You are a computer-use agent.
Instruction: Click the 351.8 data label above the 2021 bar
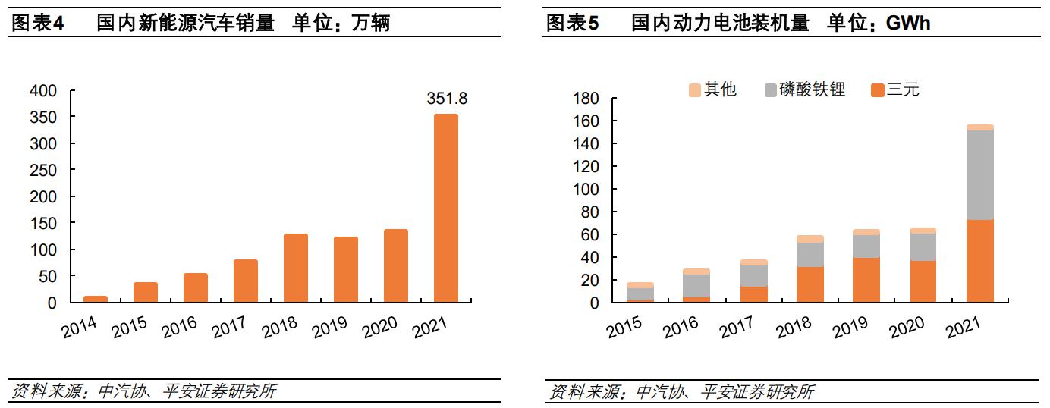(445, 99)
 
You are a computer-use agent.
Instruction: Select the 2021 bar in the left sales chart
(445, 209)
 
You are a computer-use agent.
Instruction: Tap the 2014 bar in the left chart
(95, 299)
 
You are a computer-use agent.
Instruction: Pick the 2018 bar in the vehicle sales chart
(296, 268)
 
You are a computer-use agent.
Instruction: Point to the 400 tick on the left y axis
(42, 91)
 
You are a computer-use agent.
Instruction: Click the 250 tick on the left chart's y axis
(42, 170)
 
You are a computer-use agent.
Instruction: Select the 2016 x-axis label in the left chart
(180, 327)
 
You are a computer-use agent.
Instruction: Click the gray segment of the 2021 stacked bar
(980, 175)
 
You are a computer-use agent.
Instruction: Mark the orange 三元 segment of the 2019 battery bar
(866, 280)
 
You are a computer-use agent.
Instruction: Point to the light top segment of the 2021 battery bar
(980, 127)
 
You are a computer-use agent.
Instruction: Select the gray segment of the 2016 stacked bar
(696, 285)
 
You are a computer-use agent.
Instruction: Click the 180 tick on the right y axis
(586, 99)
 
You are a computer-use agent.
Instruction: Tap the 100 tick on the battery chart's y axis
(586, 190)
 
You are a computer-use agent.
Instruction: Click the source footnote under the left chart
(144, 391)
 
